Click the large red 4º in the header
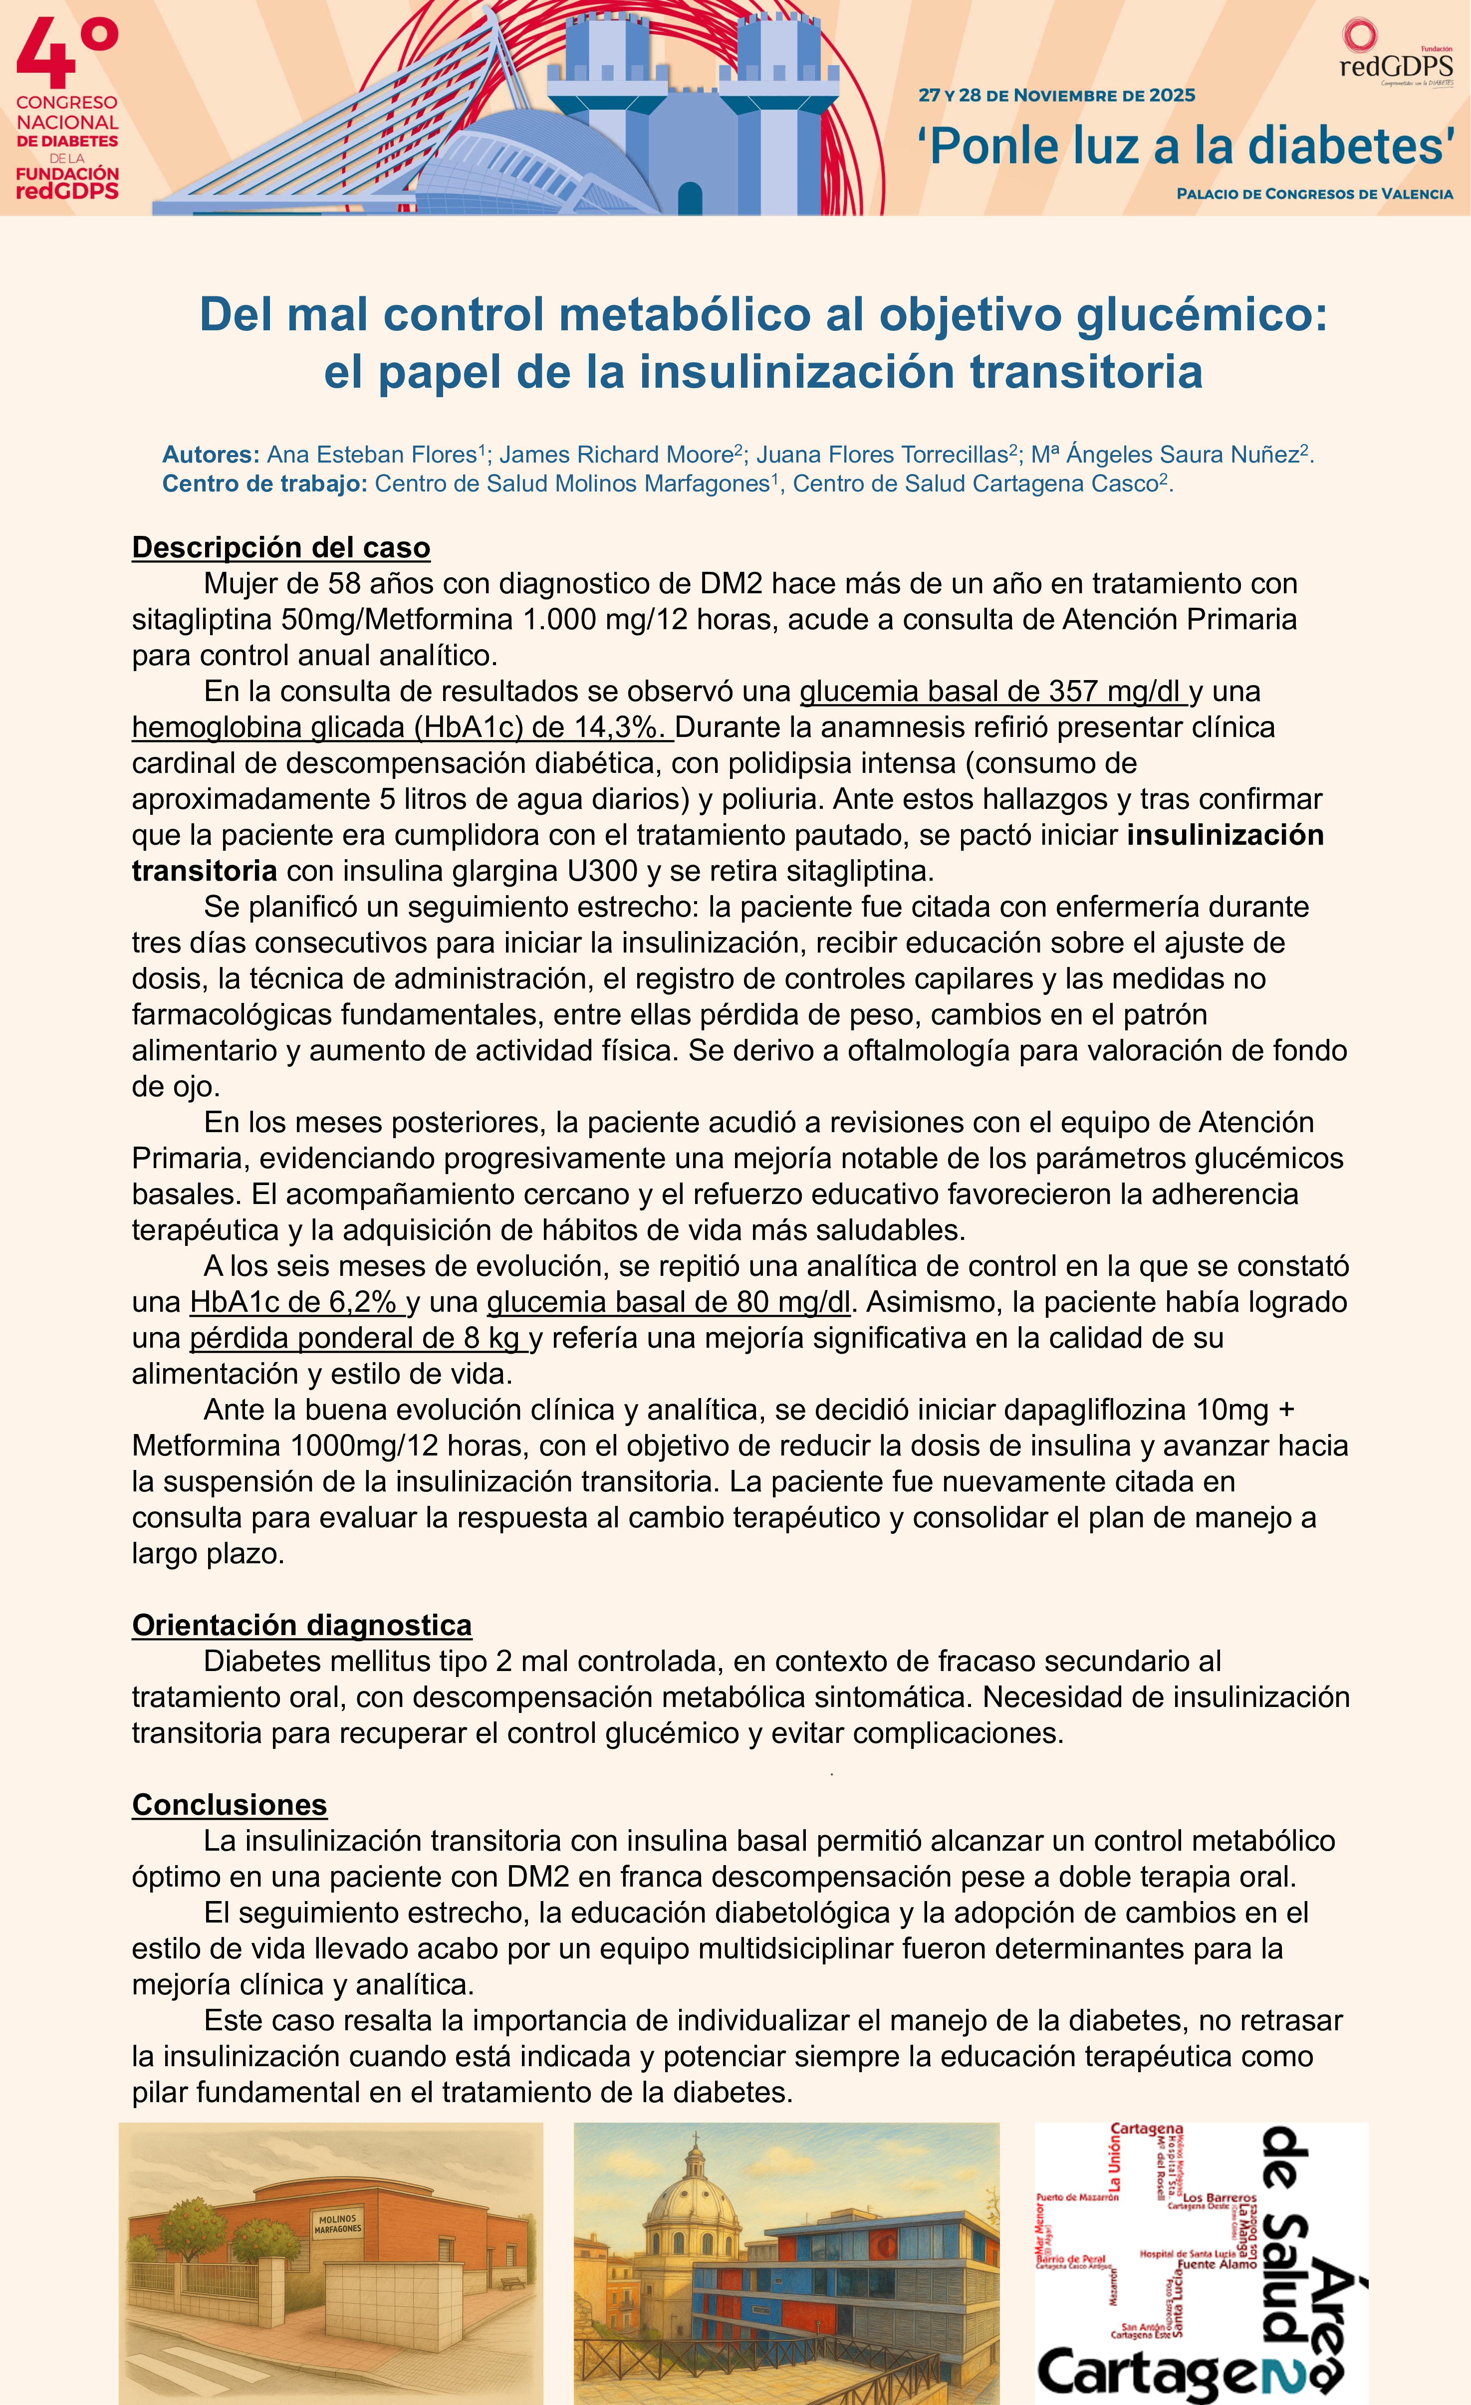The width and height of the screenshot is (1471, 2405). pos(66,56)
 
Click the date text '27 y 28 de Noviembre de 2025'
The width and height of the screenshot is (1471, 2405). pos(1056,96)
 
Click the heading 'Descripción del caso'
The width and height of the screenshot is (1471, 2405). pos(281,547)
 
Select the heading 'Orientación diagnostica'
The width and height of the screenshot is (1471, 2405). pos(301,1625)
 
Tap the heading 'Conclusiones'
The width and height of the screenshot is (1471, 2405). pos(230,1805)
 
